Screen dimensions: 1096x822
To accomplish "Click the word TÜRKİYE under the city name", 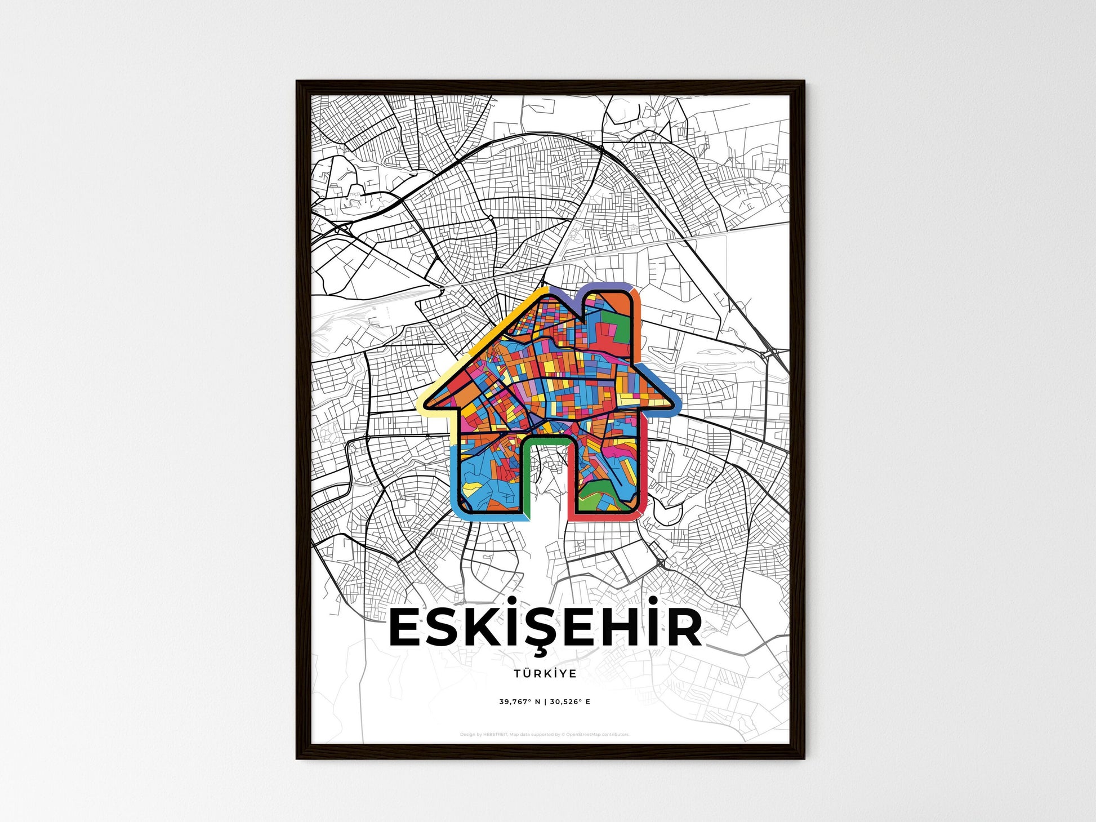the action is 545,673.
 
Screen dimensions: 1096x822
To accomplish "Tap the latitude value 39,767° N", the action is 519,702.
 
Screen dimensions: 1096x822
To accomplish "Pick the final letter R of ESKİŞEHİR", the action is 683,629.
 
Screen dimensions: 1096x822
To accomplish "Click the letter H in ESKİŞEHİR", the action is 623,629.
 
